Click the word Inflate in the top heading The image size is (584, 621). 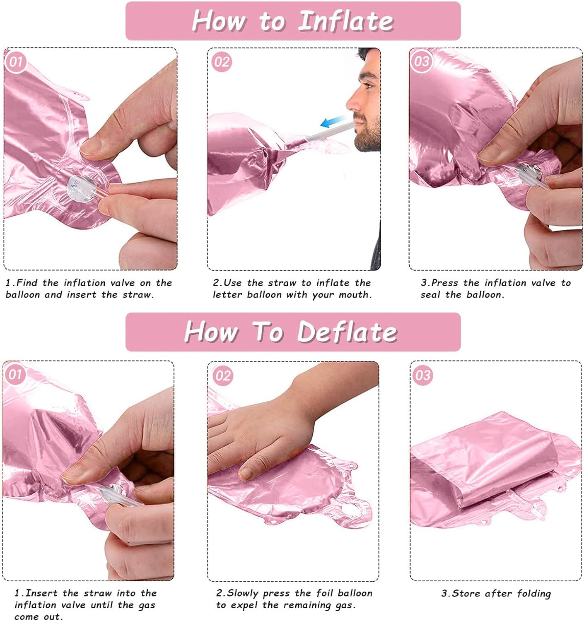[x=346, y=21]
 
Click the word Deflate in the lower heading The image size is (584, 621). [x=347, y=332]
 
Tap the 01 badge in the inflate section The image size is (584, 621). [x=16, y=62]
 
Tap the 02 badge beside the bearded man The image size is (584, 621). [x=222, y=62]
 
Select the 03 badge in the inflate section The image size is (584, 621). [x=421, y=62]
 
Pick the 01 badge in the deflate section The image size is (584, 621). [x=15, y=374]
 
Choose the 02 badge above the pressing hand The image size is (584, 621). [x=222, y=375]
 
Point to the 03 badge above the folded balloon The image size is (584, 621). [x=423, y=375]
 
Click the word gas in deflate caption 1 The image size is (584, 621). [x=147, y=605]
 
